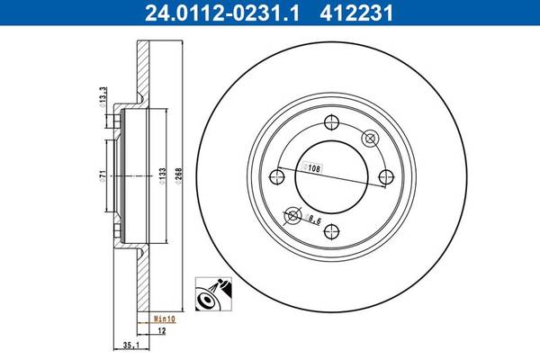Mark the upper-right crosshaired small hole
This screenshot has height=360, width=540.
369,139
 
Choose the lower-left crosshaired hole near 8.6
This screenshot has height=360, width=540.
292,215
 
